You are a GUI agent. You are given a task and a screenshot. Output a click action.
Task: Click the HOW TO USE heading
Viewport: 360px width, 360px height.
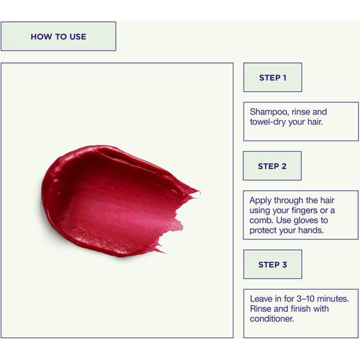(59, 37)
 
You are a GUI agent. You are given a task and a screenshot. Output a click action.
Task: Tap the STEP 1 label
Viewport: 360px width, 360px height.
(273, 78)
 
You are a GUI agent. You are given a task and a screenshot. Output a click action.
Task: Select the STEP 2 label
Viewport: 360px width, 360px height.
(273, 166)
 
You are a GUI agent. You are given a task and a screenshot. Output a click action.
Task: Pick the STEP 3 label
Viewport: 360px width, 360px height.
(273, 265)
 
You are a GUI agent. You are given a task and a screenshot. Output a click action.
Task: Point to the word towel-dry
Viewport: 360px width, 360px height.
(267, 122)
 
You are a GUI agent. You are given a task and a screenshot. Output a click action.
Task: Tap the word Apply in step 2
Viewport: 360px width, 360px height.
(260, 201)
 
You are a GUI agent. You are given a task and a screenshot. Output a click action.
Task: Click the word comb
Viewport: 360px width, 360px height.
(262, 221)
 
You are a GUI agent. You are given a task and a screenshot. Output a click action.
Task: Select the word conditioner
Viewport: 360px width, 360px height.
(272, 319)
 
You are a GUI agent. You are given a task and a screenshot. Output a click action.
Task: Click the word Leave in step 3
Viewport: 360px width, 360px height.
(261, 299)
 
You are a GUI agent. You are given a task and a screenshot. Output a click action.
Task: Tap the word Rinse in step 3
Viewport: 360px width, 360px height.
(261, 309)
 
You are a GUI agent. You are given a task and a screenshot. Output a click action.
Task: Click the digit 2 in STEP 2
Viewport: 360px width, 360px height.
(284, 166)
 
